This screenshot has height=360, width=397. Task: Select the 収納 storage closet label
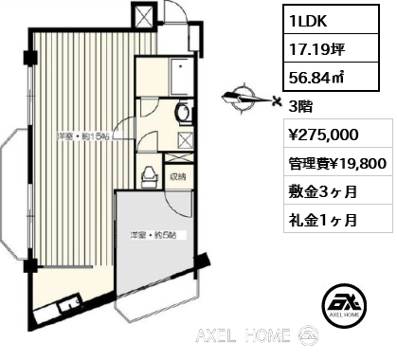coord(178,177)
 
